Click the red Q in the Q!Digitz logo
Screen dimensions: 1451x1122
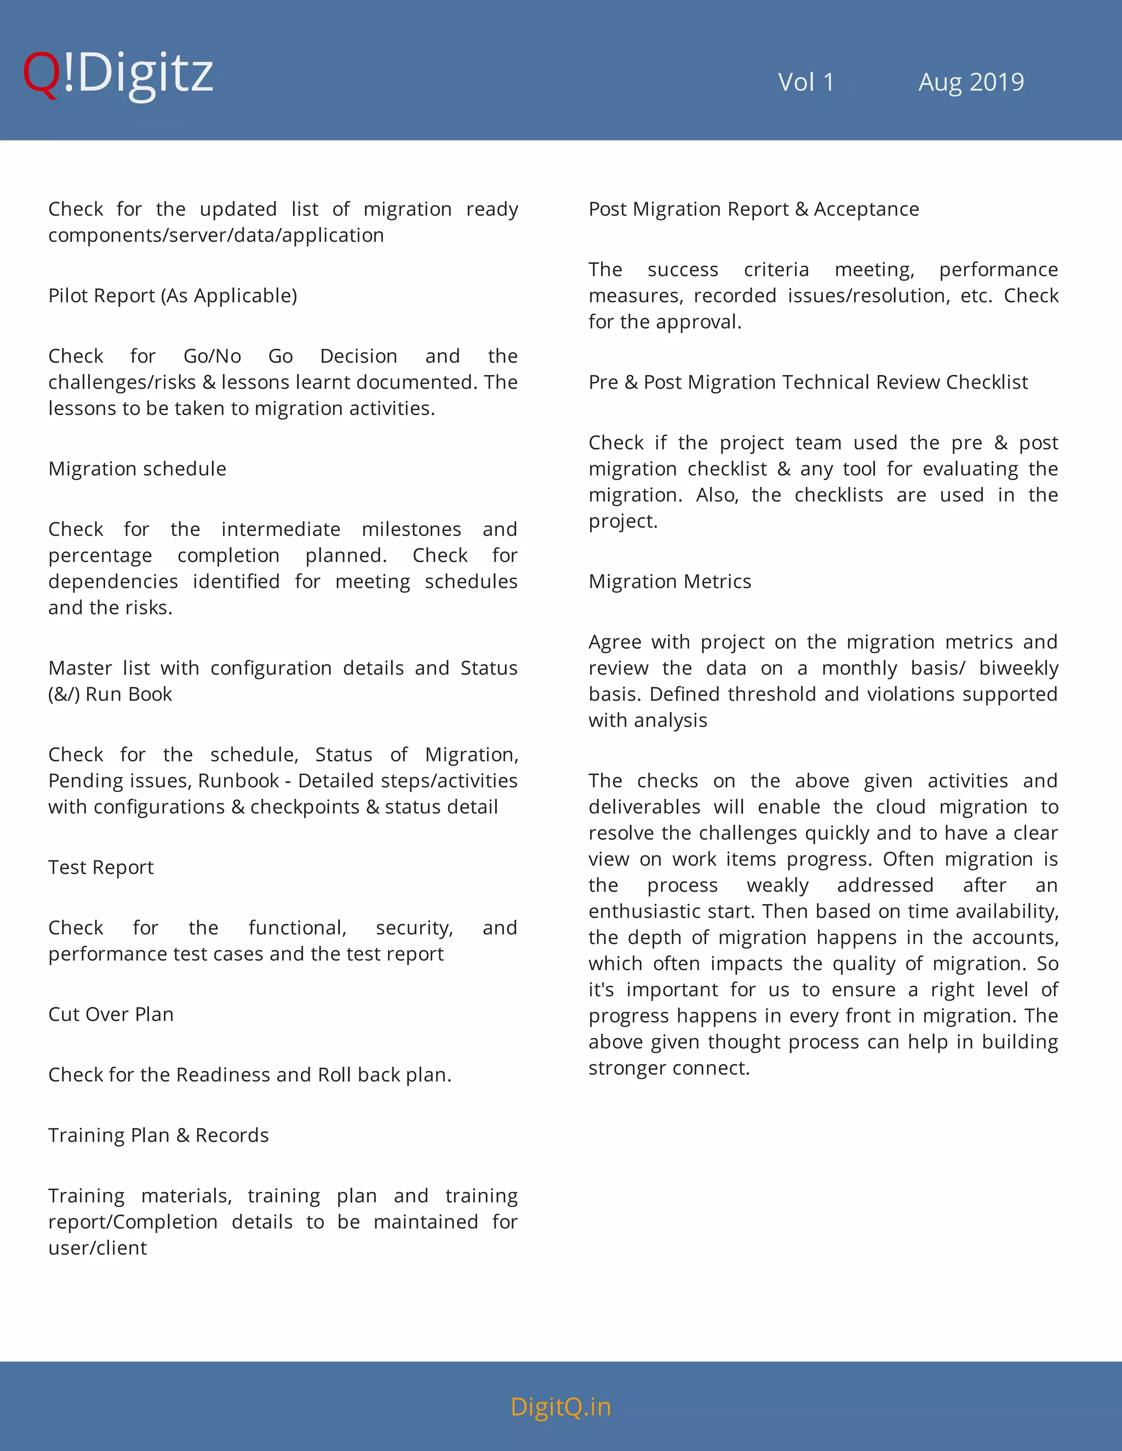click(x=41, y=74)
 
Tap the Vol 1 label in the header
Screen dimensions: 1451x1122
click(x=805, y=82)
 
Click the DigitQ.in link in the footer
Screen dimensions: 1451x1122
click(x=560, y=1407)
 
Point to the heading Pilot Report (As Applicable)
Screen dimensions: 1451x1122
click(x=172, y=296)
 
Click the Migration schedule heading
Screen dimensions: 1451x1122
click(x=137, y=469)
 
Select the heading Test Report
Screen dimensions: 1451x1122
click(x=100, y=868)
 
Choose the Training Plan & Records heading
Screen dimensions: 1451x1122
click(x=158, y=1136)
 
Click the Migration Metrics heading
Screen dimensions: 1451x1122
click(x=669, y=582)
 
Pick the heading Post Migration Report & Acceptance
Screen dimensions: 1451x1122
click(x=753, y=209)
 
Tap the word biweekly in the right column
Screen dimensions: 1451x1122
click(x=1018, y=669)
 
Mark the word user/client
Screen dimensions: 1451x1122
click(x=97, y=1248)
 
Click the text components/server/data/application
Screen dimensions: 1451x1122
click(x=215, y=235)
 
